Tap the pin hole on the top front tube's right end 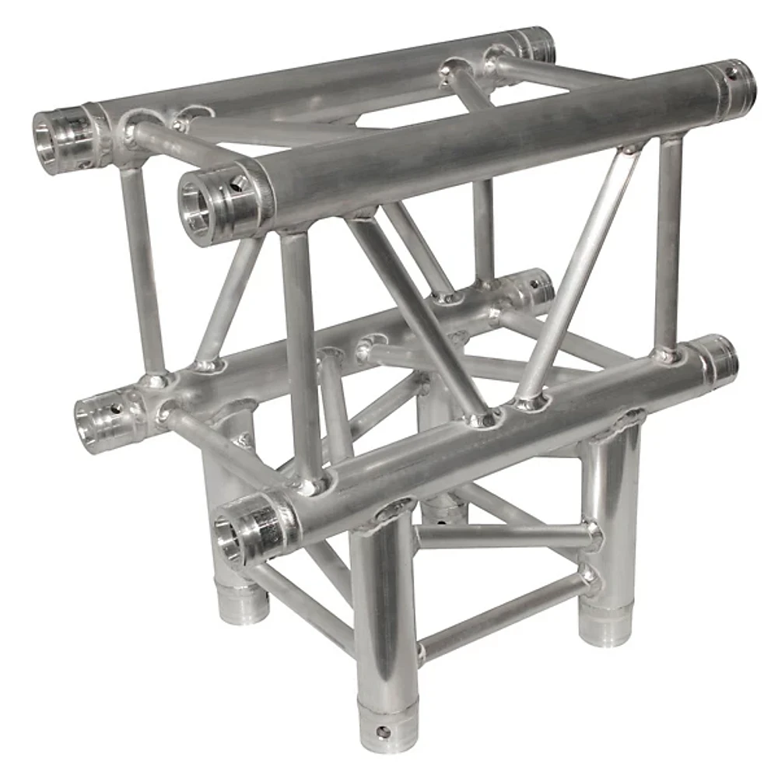point(732,74)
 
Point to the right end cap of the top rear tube point(537,45)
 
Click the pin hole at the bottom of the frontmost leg point(381,731)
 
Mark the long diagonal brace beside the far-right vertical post point(580,272)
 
